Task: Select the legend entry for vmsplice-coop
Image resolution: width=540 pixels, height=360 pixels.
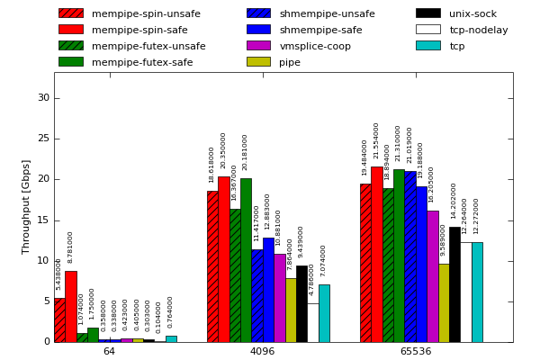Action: click(315, 46)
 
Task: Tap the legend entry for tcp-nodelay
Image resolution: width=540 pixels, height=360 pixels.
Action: click(478, 30)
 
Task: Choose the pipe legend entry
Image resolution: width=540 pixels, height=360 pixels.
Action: click(290, 62)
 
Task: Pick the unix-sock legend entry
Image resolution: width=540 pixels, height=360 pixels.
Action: click(472, 13)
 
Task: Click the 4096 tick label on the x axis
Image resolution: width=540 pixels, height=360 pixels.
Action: click(262, 351)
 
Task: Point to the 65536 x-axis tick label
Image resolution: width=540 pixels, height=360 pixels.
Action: click(415, 351)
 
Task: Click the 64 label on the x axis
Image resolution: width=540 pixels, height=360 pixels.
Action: click(109, 351)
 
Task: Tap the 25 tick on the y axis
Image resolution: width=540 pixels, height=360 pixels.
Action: click(43, 139)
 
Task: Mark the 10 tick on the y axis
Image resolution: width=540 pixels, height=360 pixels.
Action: click(43, 260)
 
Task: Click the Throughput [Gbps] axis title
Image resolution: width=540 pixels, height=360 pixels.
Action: click(26, 207)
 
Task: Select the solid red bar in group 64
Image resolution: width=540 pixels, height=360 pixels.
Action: click(70, 306)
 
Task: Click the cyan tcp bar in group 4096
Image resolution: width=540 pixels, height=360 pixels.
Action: click(324, 313)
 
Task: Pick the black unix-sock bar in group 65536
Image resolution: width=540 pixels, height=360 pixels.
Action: click(454, 284)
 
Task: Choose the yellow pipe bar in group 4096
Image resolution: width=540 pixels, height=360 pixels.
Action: click(291, 310)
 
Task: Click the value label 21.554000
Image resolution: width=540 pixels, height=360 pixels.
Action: click(377, 141)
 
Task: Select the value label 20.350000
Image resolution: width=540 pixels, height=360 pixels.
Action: click(224, 150)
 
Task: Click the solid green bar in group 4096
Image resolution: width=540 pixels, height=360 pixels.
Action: click(246, 260)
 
